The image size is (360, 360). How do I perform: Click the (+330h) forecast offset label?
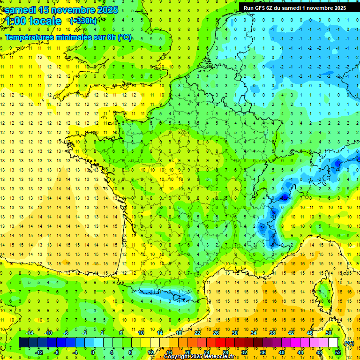point(83,21)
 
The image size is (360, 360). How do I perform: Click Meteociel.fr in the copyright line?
point(219,357)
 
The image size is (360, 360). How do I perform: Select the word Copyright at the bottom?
point(179,357)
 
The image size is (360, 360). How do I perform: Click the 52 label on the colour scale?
point(337,352)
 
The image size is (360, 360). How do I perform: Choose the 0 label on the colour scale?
point(93,352)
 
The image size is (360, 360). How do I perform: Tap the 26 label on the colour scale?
point(216,333)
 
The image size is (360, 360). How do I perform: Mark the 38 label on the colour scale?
point(272,333)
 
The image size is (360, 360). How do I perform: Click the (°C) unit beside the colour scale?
point(349,343)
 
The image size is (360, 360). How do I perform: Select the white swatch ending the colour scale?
point(333,343)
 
